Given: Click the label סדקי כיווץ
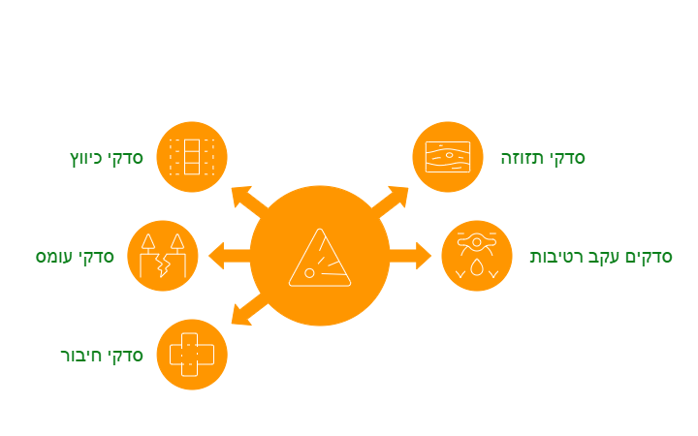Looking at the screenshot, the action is click(107, 158).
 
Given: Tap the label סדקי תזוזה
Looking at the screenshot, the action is click(543, 158).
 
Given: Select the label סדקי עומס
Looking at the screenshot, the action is click(75, 257).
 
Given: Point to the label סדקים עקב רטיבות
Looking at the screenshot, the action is click(601, 257).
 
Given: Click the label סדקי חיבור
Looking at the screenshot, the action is click(102, 356).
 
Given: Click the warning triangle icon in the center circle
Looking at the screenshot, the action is click(320, 258).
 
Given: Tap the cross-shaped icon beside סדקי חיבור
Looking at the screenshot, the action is click(192, 355).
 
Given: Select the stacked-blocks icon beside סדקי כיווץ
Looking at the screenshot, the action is click(192, 157).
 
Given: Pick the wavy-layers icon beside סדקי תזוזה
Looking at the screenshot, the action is click(448, 157).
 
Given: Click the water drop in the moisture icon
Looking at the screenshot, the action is click(477, 267).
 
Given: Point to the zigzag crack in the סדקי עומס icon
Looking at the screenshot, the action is click(163, 265).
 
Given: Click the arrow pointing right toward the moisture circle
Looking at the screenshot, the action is click(410, 256).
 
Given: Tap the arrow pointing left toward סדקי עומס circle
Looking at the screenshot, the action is click(229, 256).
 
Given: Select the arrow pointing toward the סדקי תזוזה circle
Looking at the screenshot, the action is click(390, 202).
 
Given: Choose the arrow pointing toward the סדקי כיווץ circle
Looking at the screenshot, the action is click(250, 202).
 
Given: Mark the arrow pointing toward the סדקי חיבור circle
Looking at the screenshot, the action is click(250, 309).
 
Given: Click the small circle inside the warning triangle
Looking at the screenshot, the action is click(309, 273).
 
